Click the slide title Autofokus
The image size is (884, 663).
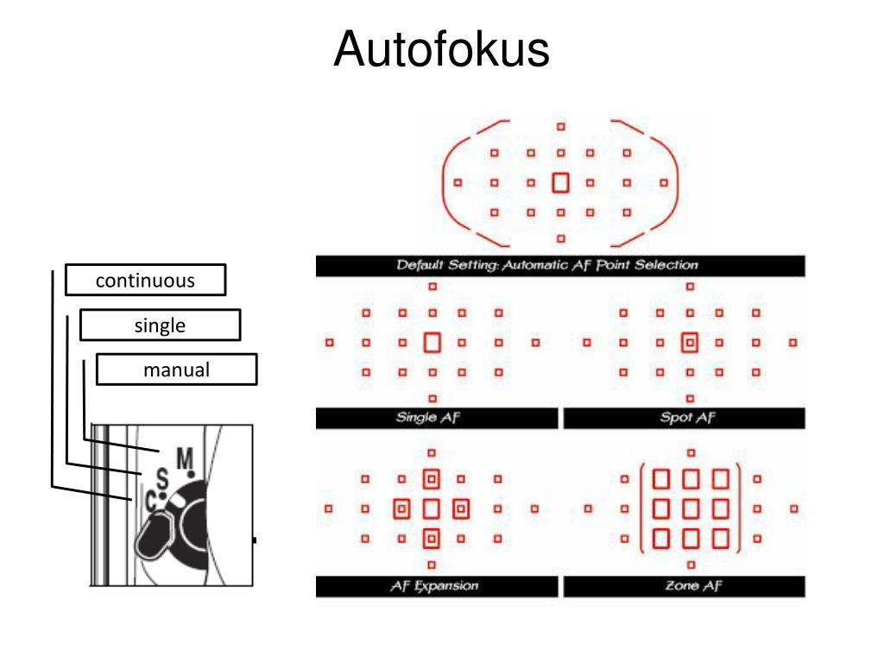pyautogui.click(x=441, y=49)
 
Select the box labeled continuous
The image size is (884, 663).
pyautogui.click(x=145, y=281)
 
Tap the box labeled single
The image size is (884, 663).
pyautogui.click(x=160, y=325)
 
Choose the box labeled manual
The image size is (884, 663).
pyautogui.click(x=176, y=370)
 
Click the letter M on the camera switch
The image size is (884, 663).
pyautogui.click(x=184, y=459)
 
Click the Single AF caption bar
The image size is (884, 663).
pyautogui.click(x=436, y=419)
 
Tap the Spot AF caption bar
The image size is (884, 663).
pyautogui.click(x=684, y=419)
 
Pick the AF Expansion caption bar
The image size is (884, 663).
pyautogui.click(x=436, y=587)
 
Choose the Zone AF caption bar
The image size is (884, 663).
pyautogui.click(x=684, y=587)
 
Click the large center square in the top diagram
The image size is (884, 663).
pyautogui.click(x=560, y=182)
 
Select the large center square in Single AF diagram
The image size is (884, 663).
pyautogui.click(x=433, y=343)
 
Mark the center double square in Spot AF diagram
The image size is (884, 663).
pyautogui.click(x=689, y=343)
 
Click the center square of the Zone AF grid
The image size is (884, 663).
pyautogui.click(x=691, y=509)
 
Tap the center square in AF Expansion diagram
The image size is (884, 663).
pyautogui.click(x=432, y=509)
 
